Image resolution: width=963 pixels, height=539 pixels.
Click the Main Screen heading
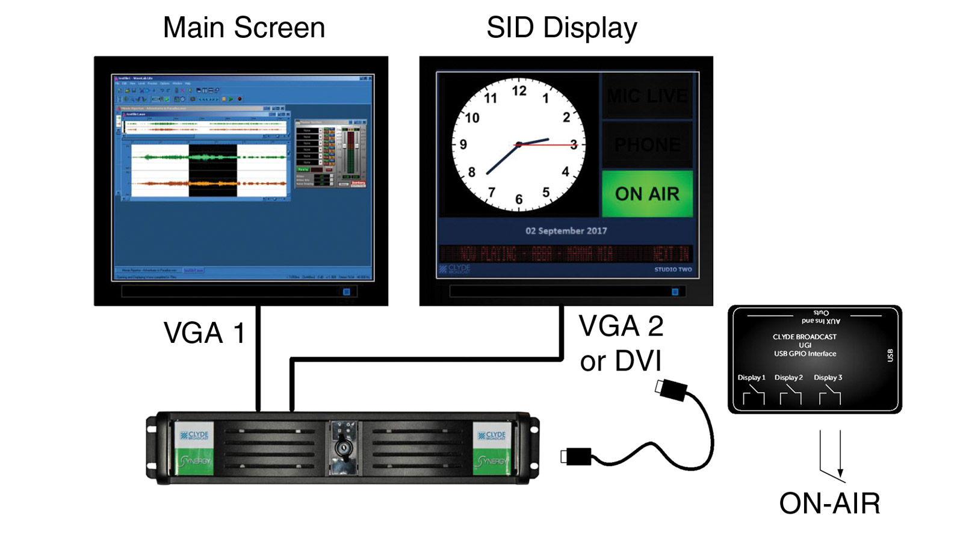244,28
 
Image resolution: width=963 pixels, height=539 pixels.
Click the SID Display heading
562,28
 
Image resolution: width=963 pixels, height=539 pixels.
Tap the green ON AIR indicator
647,194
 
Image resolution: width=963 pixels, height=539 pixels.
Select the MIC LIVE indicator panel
647,96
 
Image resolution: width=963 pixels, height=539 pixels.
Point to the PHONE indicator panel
647,145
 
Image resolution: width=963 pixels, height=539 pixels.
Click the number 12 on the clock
519,91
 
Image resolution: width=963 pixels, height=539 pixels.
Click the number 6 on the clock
518,199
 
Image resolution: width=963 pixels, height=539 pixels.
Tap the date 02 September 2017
566,231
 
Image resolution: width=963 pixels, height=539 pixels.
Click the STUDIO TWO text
673,269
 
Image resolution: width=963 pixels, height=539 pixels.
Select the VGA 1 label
204,333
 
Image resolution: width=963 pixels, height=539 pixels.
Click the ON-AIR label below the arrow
829,504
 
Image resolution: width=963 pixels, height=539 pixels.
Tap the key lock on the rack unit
343,449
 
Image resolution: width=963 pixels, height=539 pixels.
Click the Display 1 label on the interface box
751,378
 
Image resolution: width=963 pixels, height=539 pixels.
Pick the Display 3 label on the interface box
828,378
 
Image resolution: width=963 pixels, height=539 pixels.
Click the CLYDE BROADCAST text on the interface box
805,337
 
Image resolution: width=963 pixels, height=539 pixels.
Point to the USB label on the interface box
890,356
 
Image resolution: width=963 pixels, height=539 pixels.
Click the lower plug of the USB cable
577,457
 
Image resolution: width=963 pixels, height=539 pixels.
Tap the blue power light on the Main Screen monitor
346,292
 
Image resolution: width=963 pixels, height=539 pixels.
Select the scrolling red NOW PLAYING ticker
566,254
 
